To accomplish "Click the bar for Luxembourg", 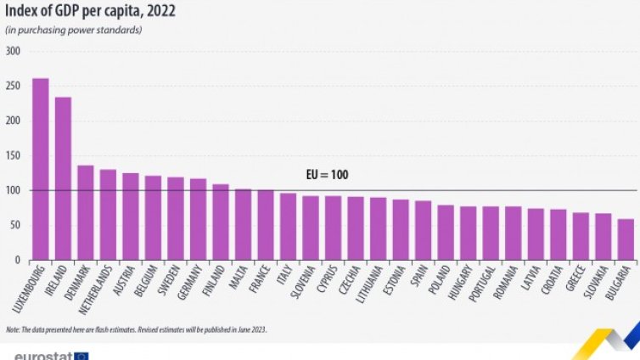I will (40, 169).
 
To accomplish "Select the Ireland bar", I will (63, 178).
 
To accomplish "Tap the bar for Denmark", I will (86, 212).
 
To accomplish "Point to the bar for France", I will (266, 225).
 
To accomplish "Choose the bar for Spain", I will (423, 230).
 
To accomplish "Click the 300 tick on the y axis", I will (13, 51).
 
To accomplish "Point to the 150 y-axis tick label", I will (13, 155).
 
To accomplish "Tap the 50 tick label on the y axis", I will (15, 225).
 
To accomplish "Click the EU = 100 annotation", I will (327, 176).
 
